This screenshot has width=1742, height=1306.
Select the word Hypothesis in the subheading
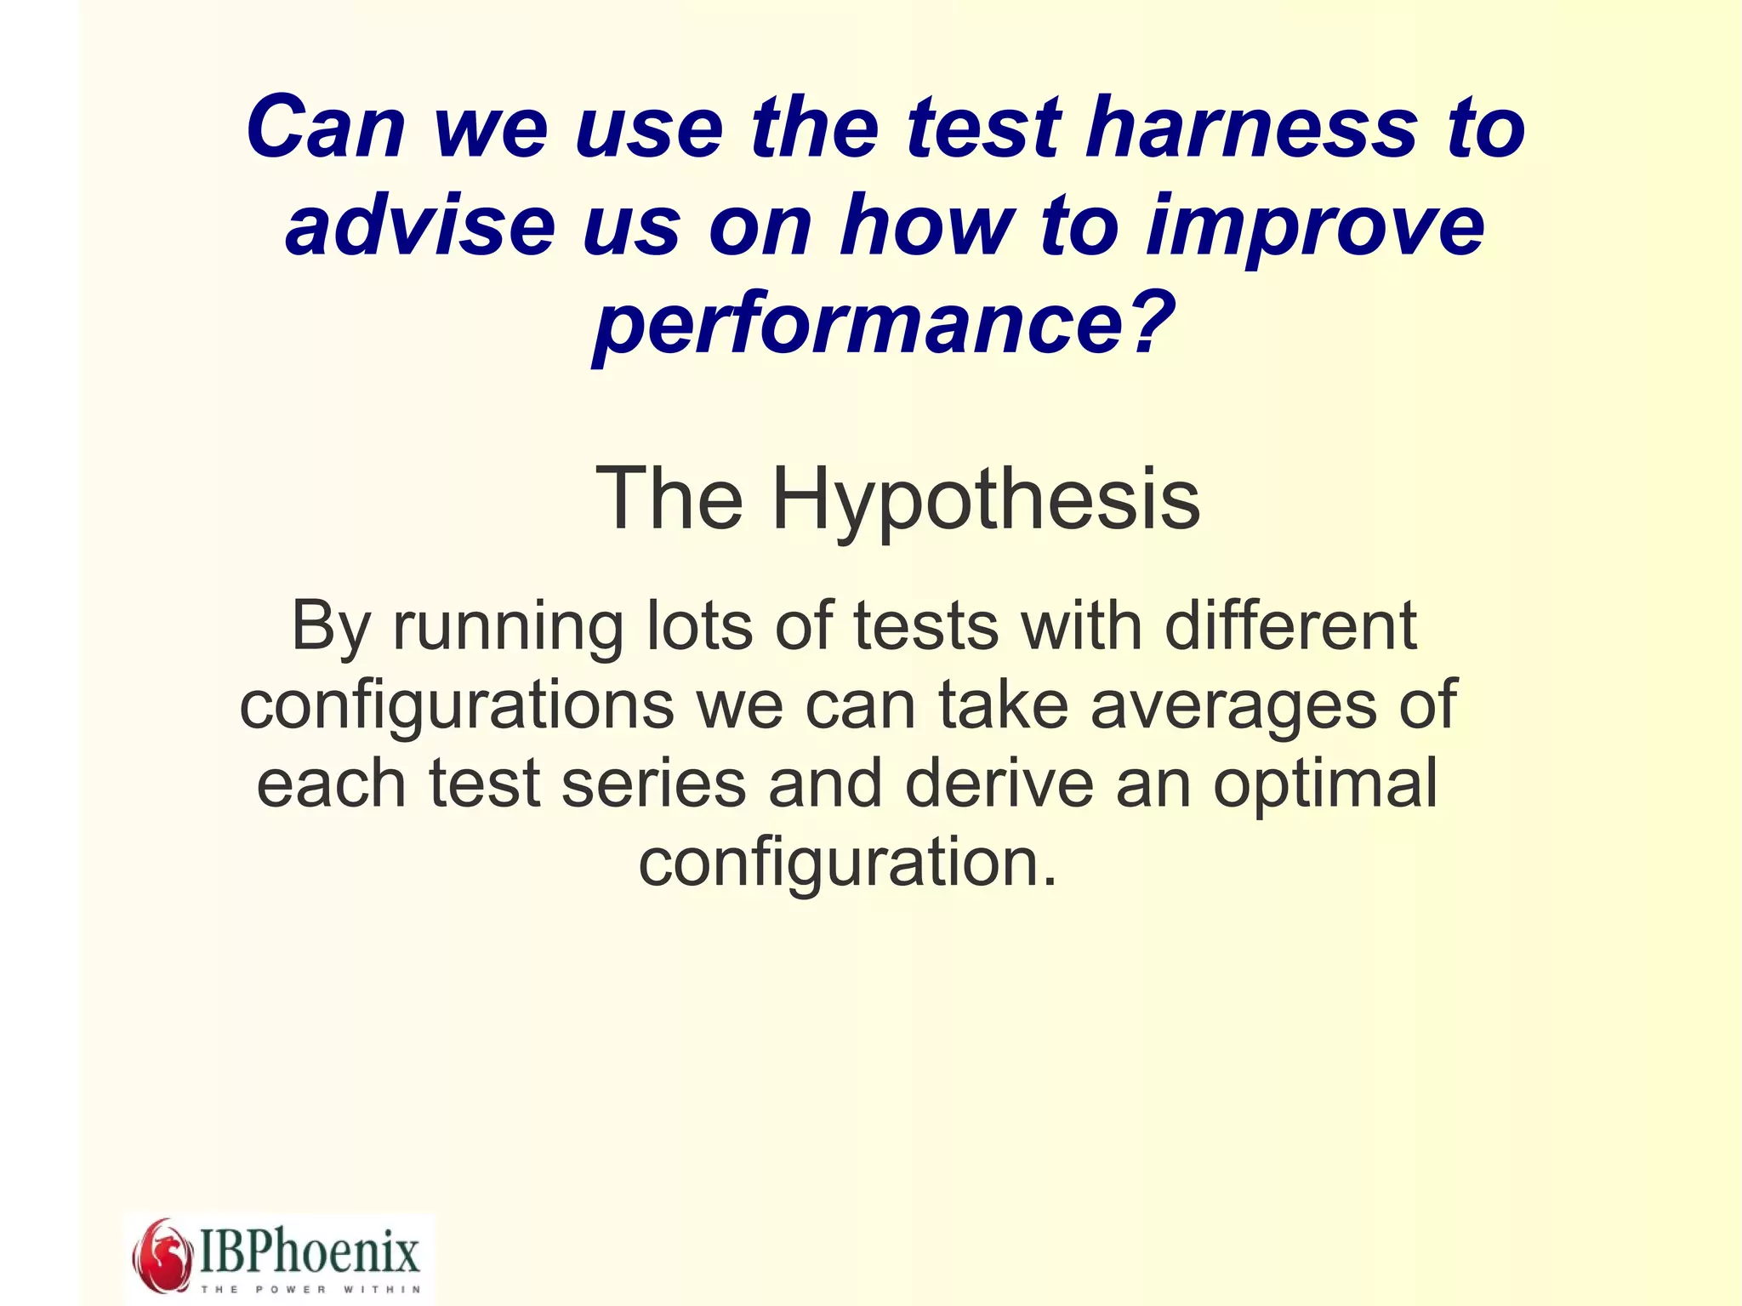986,500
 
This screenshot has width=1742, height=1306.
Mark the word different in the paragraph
1290,626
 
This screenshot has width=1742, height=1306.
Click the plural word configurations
457,707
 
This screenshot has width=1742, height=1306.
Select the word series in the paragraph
654,784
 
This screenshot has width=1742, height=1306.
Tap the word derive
999,784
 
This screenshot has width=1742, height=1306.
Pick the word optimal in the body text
1325,785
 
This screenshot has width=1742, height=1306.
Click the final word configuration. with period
848,863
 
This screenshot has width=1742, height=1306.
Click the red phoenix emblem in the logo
162,1256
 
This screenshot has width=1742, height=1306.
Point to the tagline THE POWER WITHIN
310,1289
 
